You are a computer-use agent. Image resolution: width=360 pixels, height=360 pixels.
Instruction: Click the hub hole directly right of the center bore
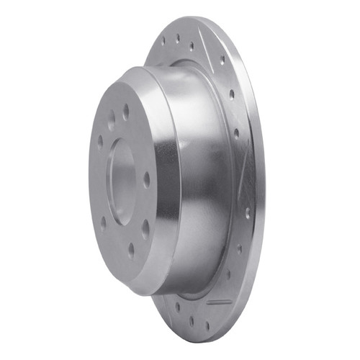point(147,179)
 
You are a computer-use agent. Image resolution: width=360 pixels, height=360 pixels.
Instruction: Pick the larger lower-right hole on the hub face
point(145,229)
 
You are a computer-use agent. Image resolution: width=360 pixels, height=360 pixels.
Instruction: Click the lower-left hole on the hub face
point(103,222)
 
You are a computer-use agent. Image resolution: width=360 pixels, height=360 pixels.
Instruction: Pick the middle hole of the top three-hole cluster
point(178,36)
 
